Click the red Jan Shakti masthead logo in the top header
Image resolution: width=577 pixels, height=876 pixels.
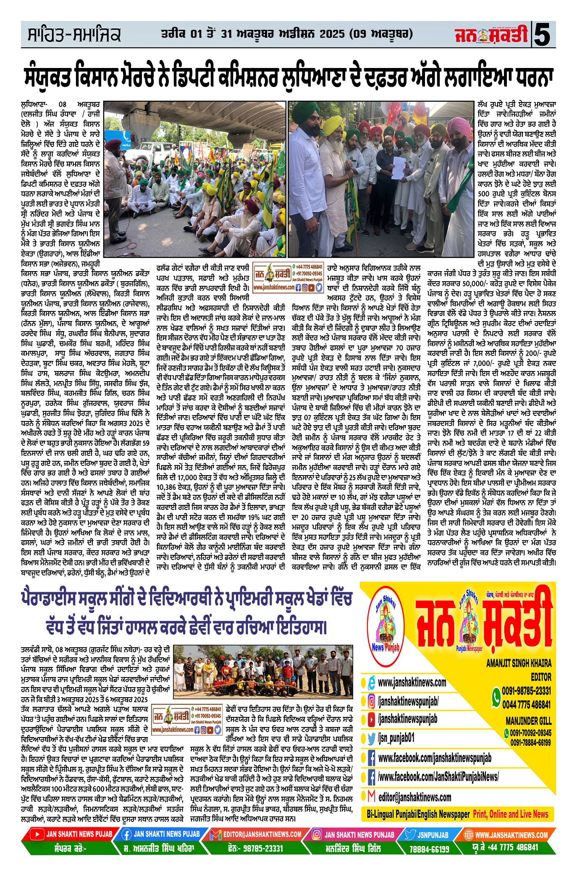click(491, 35)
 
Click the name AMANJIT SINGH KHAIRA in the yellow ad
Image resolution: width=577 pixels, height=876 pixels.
click(519, 663)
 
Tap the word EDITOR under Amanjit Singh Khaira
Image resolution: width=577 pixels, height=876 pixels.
click(541, 677)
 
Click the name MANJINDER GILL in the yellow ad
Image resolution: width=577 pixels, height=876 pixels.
click(528, 721)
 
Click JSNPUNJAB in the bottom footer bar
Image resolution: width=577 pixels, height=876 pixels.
click(433, 835)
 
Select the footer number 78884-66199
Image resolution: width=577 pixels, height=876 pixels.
click(429, 849)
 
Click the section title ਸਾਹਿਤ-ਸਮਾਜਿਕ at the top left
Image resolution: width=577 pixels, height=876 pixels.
click(74, 35)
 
